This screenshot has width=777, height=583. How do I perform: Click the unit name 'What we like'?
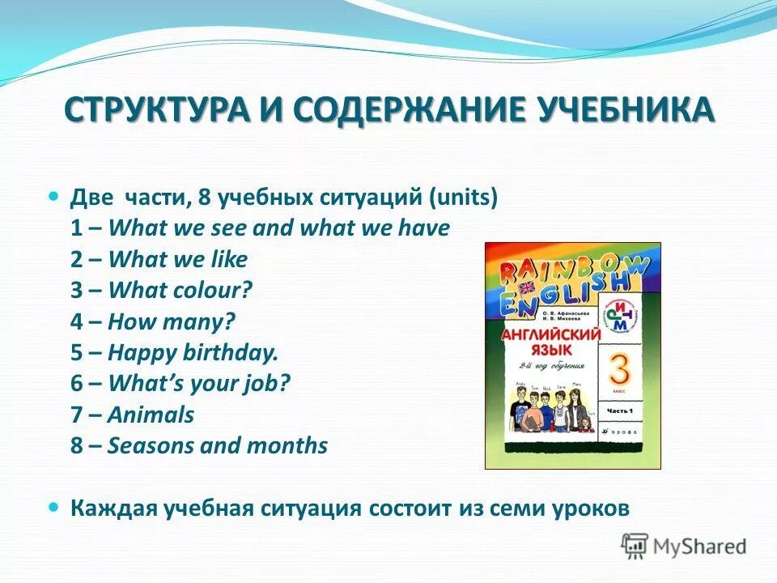[178, 260]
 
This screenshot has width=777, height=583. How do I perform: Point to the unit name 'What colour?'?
[180, 291]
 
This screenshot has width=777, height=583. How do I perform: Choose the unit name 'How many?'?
[172, 321]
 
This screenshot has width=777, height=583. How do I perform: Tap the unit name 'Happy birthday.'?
[193, 353]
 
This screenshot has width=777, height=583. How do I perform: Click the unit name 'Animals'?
[151, 415]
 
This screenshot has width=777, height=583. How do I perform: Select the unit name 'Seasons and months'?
[218, 446]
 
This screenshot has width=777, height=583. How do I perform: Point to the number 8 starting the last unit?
[76, 446]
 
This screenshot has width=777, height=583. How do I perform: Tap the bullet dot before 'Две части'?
[54, 197]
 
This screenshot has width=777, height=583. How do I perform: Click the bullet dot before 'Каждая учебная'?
[54, 506]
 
